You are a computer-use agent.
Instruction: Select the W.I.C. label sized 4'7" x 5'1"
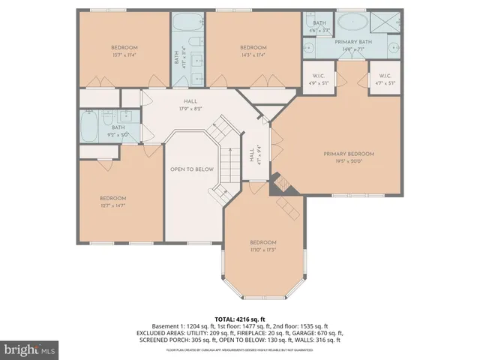click(385, 83)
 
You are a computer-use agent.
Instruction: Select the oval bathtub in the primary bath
click(355, 20)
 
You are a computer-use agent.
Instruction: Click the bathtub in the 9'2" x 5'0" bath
click(88, 124)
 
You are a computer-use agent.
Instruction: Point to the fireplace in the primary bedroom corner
click(283, 183)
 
